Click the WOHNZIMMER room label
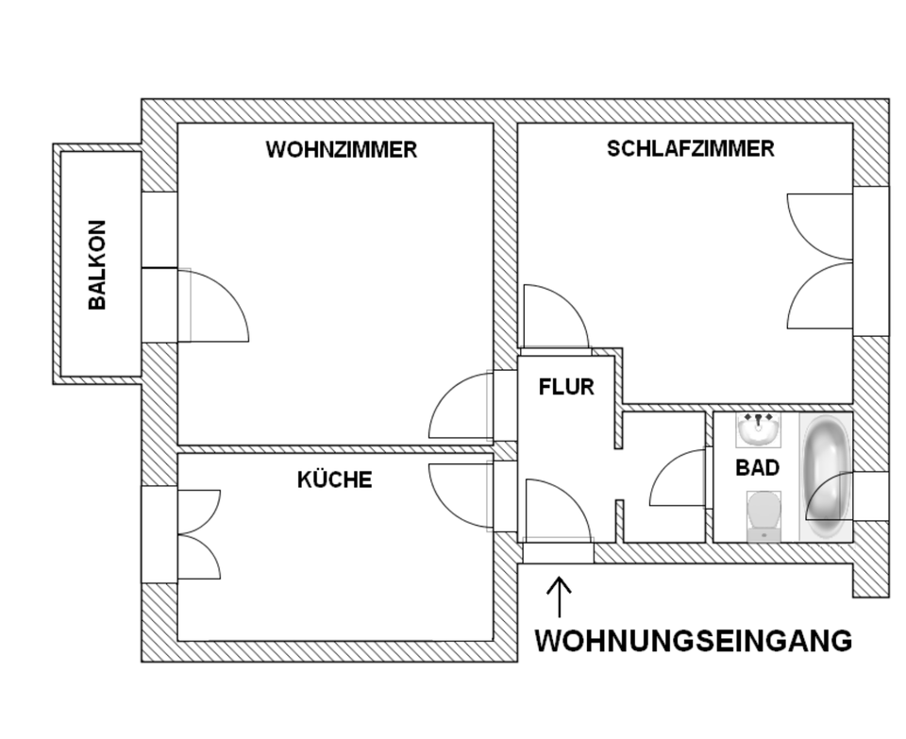pos(341,150)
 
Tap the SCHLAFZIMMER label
pos(691,148)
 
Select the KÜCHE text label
pos(334,479)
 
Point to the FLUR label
pos(566,386)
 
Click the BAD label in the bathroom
pos(757,467)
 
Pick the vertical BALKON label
pos(97,265)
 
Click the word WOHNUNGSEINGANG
pos(693,641)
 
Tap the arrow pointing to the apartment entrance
pos(560,597)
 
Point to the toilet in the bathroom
pos(763,515)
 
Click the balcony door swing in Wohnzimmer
pos(215,307)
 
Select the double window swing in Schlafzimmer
pos(820,261)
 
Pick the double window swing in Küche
pos(198,534)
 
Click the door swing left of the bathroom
pos(679,479)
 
